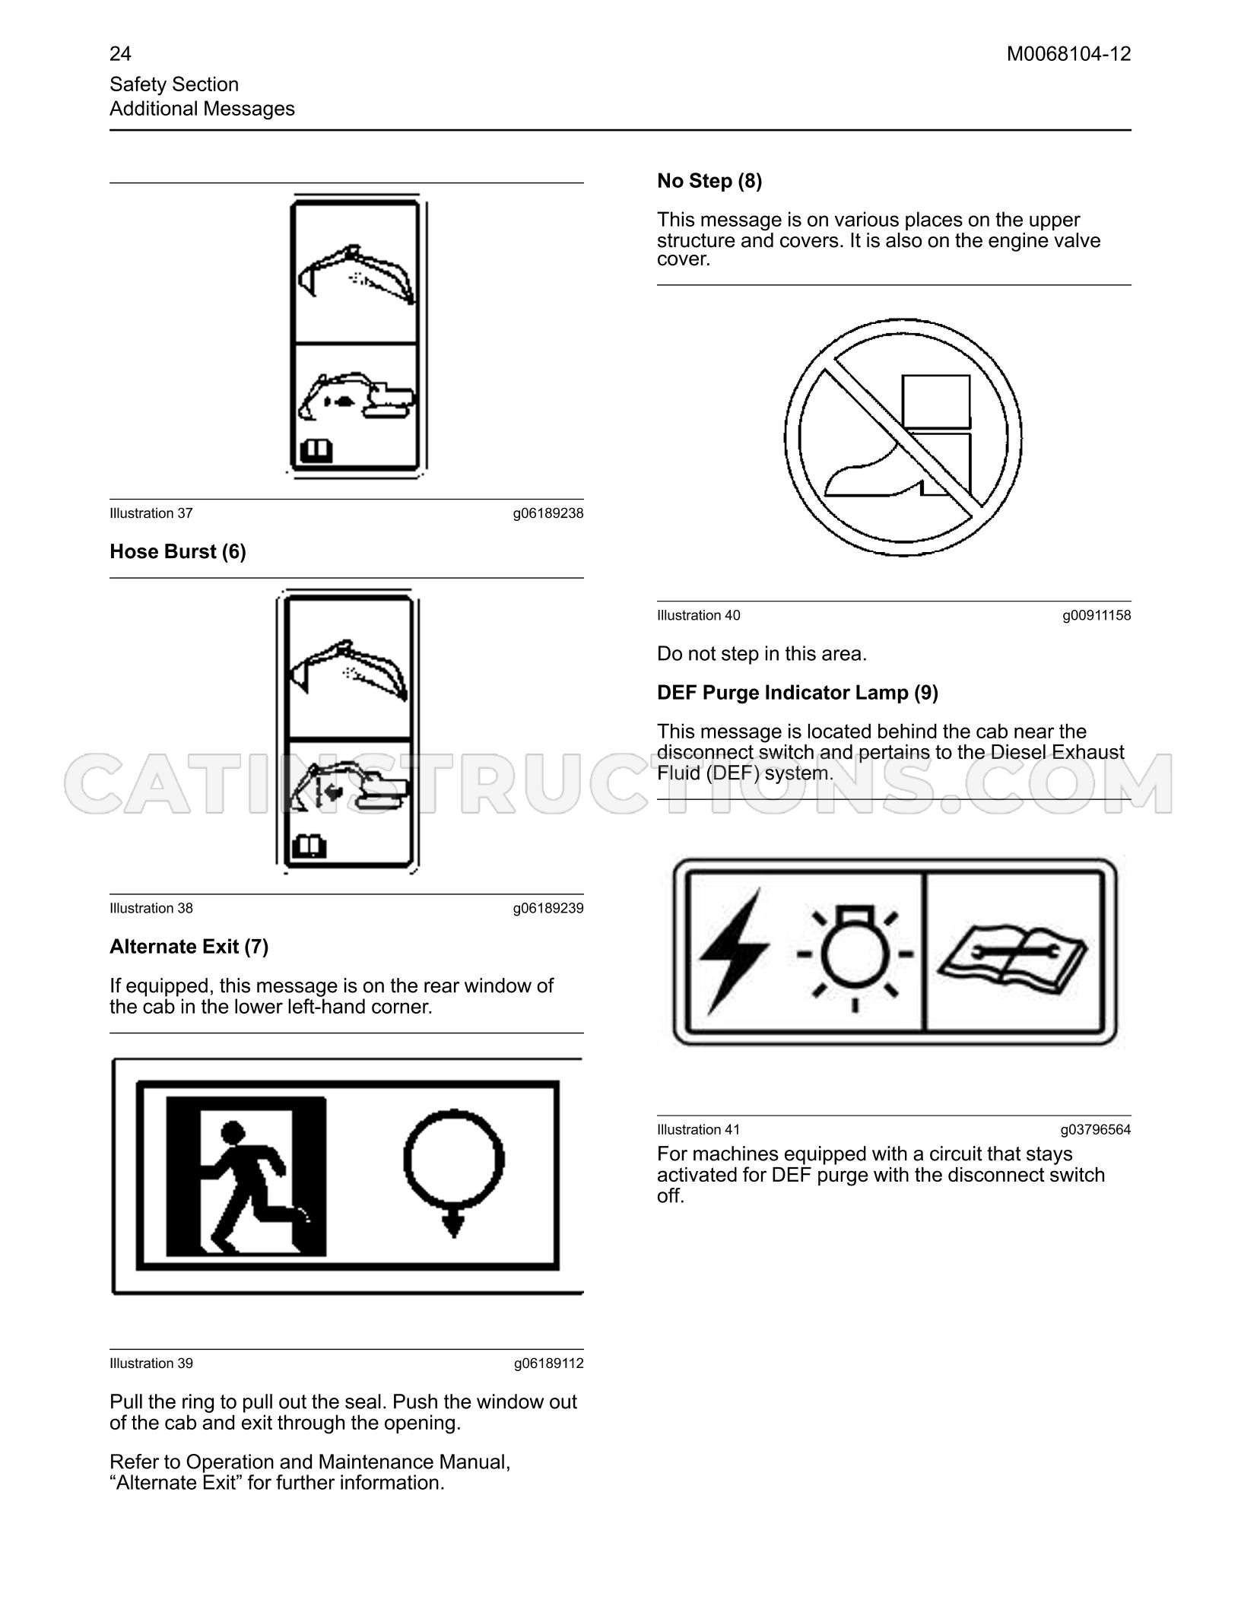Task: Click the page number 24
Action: pos(120,54)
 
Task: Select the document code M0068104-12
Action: pos(1068,54)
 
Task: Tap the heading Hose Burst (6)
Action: pos(178,551)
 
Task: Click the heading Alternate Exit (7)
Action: pos(189,947)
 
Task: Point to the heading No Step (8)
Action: pos(709,181)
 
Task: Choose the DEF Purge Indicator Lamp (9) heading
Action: pos(798,693)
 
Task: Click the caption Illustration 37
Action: pos(151,513)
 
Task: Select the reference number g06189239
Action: pos(548,908)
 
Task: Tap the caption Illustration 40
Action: pos(698,615)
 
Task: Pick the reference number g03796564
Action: pos(1096,1130)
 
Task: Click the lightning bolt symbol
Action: pos(733,952)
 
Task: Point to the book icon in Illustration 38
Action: pos(309,847)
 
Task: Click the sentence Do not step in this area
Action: pos(762,654)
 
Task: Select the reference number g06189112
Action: pos(548,1363)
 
